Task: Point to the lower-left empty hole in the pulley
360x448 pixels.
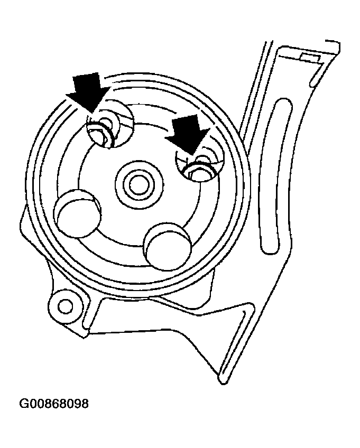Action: click(x=77, y=213)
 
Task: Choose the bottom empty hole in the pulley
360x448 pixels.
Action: click(x=168, y=246)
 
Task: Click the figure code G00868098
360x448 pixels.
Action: click(x=54, y=404)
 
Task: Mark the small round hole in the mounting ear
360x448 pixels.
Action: click(x=65, y=306)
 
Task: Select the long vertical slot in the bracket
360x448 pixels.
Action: click(x=276, y=176)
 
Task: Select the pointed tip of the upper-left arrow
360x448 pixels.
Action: click(x=93, y=112)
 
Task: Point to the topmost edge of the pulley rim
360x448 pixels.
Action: click(x=137, y=74)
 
